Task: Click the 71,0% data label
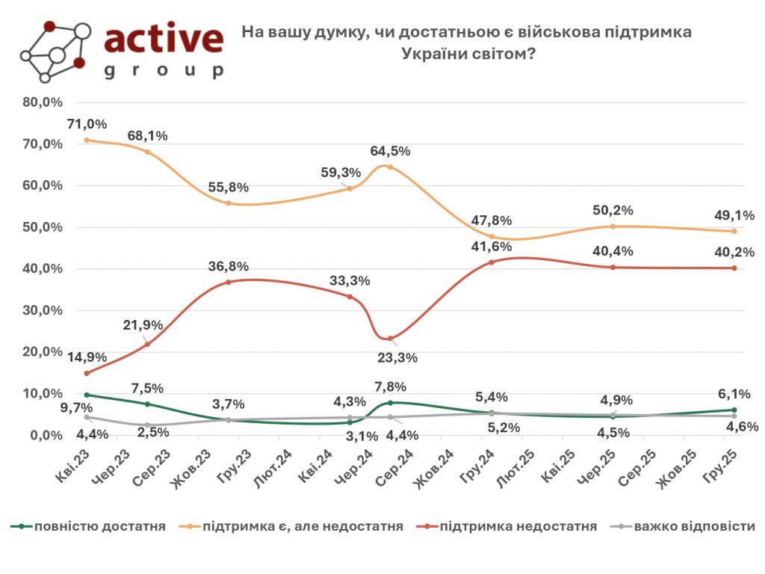point(89,124)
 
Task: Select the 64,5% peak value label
point(391,151)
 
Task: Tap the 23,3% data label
point(398,357)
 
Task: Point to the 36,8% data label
point(229,267)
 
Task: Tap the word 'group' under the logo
point(164,72)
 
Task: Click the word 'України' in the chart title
point(429,54)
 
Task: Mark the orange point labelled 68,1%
point(147,152)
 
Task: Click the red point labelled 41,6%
point(491,262)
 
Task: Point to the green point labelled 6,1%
point(734,410)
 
